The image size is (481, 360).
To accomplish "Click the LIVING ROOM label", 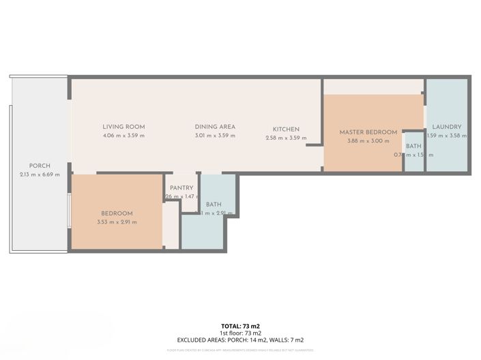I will [123, 127].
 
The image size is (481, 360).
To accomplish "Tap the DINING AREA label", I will [215, 127].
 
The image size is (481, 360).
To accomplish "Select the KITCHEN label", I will [286, 130].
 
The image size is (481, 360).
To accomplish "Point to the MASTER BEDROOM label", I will [368, 132].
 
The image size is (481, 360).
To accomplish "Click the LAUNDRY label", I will [447, 127].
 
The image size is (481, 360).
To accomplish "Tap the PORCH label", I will [39, 166].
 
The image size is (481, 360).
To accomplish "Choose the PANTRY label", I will [181, 188].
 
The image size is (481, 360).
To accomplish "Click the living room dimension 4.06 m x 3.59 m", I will [123, 136].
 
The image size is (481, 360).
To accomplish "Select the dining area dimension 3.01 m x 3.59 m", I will [215, 136].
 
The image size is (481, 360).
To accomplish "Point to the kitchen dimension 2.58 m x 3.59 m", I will [286, 138].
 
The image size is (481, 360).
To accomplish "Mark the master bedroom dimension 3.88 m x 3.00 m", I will [368, 141].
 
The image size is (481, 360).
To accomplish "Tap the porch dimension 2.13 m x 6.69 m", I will [39, 175].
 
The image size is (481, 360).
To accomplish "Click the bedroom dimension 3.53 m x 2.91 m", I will [117, 222].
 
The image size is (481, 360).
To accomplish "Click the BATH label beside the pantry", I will [214, 205].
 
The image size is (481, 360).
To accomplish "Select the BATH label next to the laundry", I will [413, 146].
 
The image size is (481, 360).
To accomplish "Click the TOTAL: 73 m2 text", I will [240, 326].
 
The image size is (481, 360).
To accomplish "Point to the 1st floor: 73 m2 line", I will [240, 333].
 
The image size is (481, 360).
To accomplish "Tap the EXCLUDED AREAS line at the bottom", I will [240, 340].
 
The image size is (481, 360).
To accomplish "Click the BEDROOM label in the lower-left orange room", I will [117, 213].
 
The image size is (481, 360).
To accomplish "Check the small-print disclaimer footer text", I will [240, 350].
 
